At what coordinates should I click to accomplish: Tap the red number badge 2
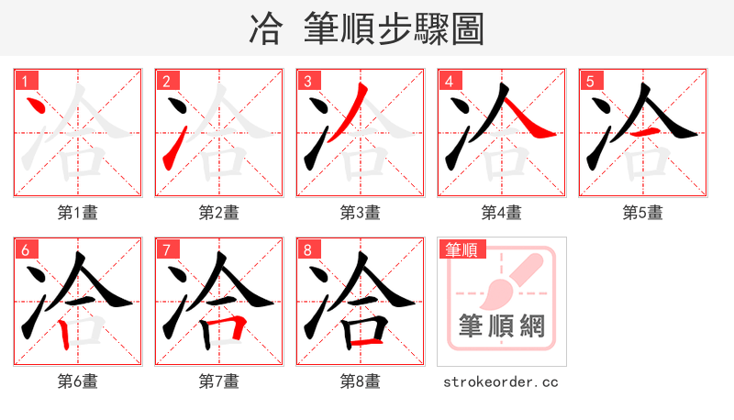coord(166,81)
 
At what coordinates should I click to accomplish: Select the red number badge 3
coord(307,81)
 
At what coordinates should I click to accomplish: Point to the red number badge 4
coord(449,81)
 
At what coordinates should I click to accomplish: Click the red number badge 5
coord(590,81)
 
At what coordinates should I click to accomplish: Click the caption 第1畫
coord(78,213)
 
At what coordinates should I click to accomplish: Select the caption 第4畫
coord(502,213)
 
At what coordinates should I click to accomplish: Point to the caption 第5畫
coord(643,213)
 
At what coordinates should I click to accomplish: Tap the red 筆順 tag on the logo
coord(462,249)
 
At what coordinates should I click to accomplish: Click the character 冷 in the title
coord(265,29)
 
